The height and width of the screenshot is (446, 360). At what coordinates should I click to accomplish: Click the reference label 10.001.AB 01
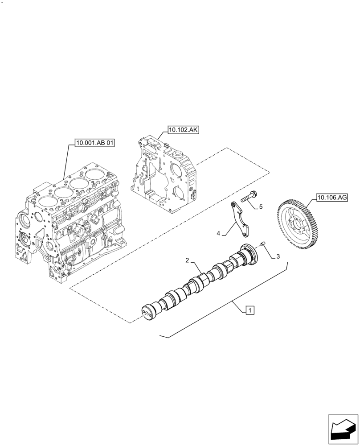[95, 143]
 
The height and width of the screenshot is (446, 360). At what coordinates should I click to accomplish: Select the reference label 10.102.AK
[183, 130]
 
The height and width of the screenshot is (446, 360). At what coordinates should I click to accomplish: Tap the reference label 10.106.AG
[332, 197]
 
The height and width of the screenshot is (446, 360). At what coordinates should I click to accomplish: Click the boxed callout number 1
[250, 310]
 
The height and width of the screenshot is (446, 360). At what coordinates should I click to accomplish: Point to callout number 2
[188, 260]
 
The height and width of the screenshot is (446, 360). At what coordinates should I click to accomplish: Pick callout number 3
[278, 256]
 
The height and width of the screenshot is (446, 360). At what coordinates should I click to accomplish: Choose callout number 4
[219, 233]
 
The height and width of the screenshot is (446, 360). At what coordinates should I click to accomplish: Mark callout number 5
[261, 206]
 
